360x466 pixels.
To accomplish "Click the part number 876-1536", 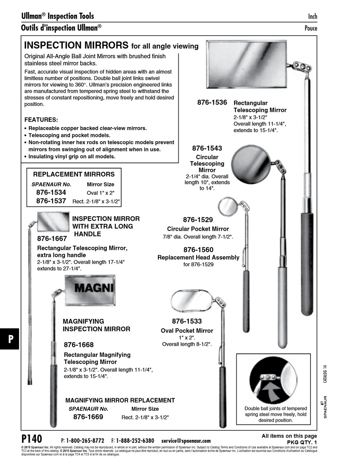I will tap(212, 103).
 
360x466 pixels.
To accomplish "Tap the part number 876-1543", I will tap(207, 148).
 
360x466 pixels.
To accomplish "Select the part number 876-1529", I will tap(198, 220).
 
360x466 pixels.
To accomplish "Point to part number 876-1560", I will tap(198, 250).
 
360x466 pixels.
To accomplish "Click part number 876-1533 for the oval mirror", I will tap(187, 321).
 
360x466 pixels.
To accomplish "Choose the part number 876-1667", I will tap(52, 239).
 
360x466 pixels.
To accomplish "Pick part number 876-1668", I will tap(79, 345).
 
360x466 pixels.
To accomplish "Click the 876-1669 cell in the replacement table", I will tap(88, 417).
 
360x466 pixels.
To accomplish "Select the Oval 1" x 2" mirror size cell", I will tap(100, 193).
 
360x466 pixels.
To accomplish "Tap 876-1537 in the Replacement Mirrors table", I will tap(51, 201).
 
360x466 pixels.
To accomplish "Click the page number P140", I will tap(32, 438).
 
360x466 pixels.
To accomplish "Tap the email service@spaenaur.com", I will tap(186, 441).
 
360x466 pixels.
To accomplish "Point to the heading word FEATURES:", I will tap(41, 120).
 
